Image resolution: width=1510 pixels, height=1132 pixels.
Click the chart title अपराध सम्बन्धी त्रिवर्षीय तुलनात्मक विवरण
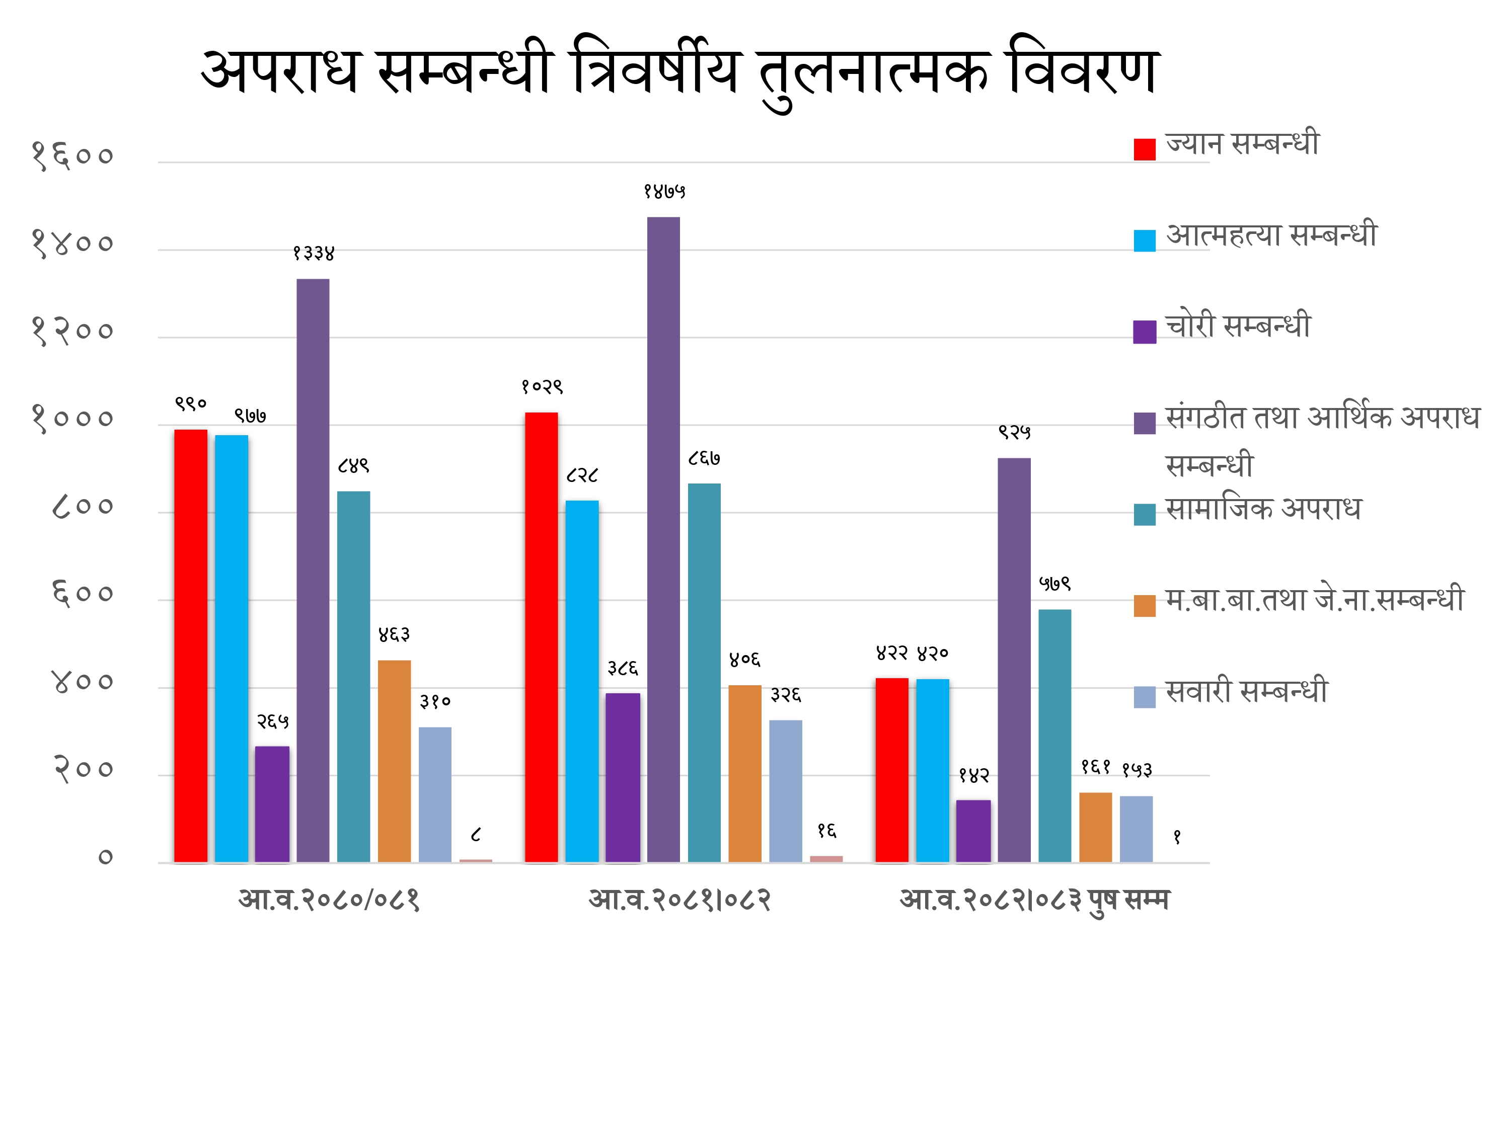click(679, 71)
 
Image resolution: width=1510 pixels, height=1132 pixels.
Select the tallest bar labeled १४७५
click(663, 539)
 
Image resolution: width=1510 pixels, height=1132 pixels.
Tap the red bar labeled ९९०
click(190, 645)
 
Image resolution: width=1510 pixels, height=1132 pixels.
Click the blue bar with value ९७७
click(232, 648)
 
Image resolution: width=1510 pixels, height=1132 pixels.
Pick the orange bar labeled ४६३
click(395, 761)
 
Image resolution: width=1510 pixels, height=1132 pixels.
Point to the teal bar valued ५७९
click(1054, 736)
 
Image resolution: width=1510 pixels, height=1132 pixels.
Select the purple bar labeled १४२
click(973, 831)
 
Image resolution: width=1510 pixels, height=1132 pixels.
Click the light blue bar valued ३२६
click(786, 791)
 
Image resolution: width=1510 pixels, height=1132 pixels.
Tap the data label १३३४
click(314, 253)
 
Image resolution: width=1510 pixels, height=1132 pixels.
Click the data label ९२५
click(1014, 432)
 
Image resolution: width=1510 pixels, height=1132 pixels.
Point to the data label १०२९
click(542, 387)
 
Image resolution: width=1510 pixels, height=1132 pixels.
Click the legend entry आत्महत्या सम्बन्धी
click(1271, 236)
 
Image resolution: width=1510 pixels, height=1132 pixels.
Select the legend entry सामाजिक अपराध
click(1263, 510)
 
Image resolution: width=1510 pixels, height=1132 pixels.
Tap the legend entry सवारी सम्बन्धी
click(1246, 692)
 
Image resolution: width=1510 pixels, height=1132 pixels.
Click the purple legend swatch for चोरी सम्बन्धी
click(1145, 332)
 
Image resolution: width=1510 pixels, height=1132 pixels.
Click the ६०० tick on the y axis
click(83, 594)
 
